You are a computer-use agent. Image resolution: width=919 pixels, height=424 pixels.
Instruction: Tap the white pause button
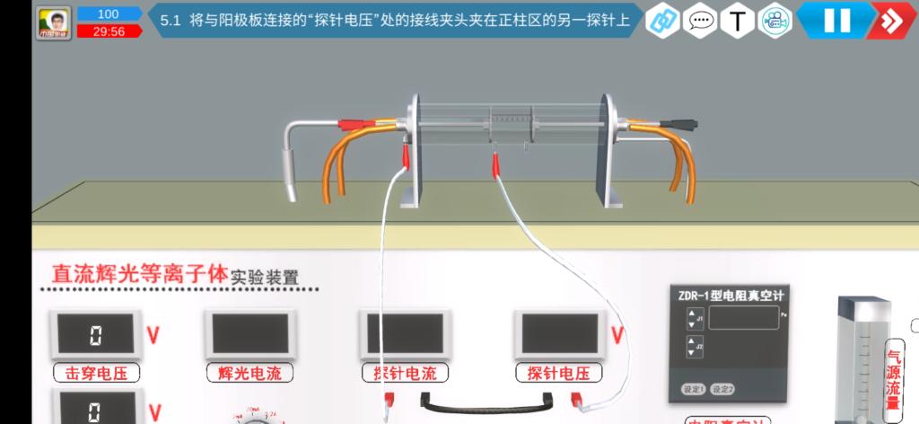coord(836,20)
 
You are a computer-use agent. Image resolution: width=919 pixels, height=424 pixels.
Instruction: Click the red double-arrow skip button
coord(891,20)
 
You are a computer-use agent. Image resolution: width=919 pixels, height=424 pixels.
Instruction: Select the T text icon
coord(737,20)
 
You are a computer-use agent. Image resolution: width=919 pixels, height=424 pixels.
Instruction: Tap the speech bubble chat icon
coord(700,20)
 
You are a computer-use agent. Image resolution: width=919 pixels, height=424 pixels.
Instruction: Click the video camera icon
coord(774,20)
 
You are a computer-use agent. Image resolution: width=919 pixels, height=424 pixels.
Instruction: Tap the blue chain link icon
coord(662,20)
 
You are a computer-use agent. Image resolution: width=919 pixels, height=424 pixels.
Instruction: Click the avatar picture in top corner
coord(55,22)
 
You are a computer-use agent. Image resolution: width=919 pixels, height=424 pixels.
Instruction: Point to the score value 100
coord(109,14)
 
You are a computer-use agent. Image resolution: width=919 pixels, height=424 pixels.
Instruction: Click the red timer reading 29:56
coord(109,31)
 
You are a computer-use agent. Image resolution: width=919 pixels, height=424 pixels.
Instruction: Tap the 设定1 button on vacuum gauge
coord(694,389)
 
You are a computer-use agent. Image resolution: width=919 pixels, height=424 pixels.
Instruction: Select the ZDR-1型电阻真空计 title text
coord(730,295)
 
